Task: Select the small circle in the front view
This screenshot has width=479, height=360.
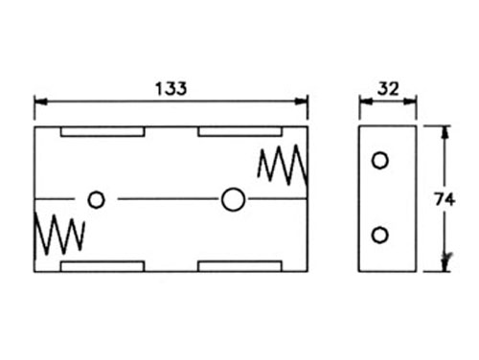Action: tap(96, 199)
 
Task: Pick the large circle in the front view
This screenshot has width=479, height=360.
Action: tap(232, 199)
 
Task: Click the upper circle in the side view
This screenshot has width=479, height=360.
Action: tap(380, 161)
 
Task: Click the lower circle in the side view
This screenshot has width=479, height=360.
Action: tap(380, 235)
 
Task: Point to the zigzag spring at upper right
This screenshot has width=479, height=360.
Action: tap(282, 165)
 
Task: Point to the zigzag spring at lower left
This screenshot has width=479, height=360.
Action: tap(59, 234)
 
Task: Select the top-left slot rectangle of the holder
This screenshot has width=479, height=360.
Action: tap(102, 131)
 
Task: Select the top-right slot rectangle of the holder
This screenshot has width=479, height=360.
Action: tap(239, 131)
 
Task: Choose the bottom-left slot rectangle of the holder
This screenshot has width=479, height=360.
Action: tap(102, 265)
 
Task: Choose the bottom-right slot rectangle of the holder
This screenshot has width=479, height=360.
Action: tap(239, 265)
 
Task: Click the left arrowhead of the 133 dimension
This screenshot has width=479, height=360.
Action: tap(38, 101)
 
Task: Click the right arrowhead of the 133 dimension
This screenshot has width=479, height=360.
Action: tap(303, 101)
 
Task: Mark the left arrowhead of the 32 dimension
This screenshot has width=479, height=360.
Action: tap(364, 101)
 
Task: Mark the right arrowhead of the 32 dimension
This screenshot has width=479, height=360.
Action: tap(414, 101)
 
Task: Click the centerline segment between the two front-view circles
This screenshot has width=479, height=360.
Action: tap(163, 199)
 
